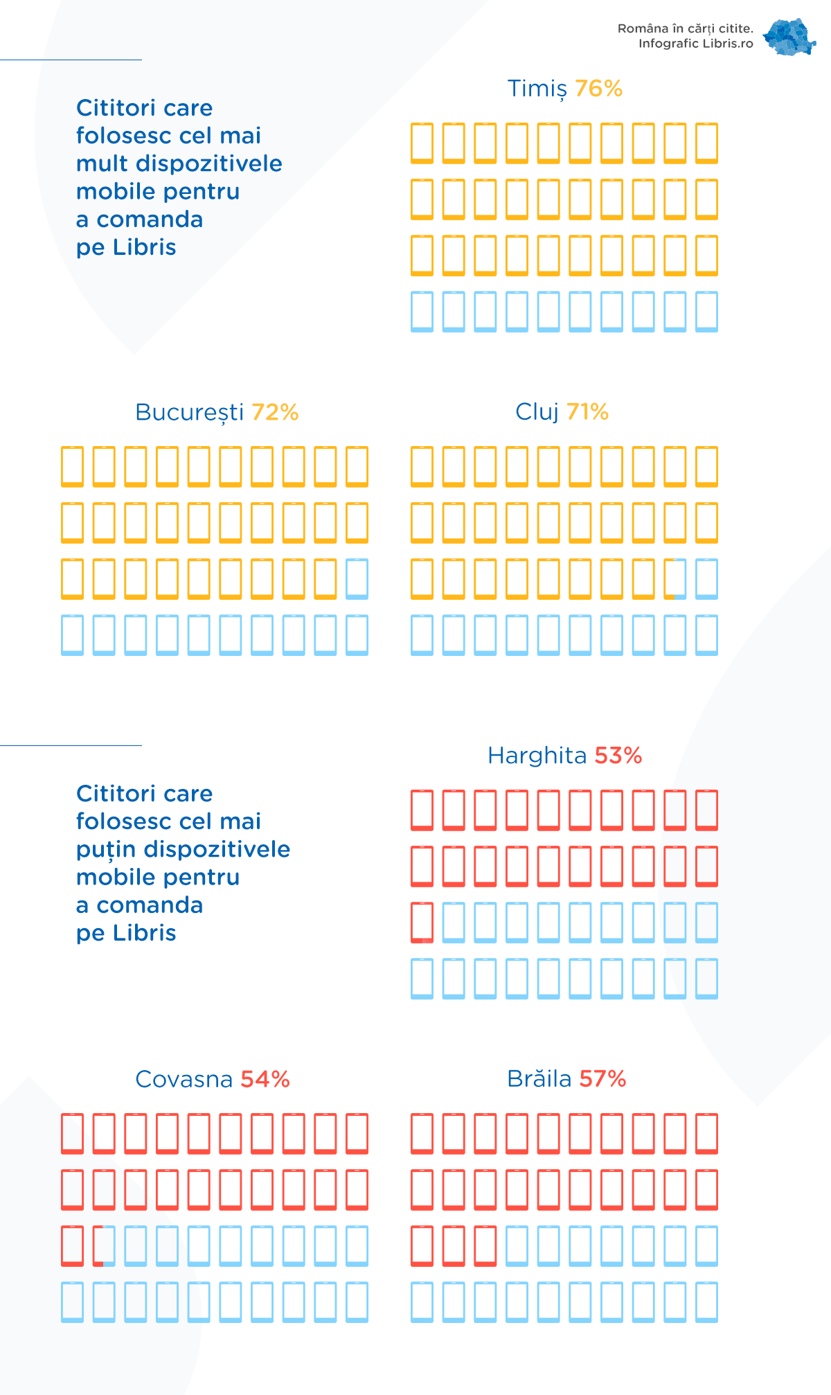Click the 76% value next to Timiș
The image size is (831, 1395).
598,89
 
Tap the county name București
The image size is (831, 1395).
189,413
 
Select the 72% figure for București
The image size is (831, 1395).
275,412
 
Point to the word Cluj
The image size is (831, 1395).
537,412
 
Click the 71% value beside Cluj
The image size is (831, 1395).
587,412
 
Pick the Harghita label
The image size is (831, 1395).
537,756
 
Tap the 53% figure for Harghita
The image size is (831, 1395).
618,756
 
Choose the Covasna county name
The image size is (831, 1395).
184,1079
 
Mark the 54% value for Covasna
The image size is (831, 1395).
265,1079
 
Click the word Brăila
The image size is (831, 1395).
539,1079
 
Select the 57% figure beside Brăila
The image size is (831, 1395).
602,1079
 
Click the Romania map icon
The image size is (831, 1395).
789,37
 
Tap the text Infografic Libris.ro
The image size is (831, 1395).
695,44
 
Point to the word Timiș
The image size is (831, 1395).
537,89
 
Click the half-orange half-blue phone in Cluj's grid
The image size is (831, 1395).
675,578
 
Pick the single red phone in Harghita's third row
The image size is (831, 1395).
422,922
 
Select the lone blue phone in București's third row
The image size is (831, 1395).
357,578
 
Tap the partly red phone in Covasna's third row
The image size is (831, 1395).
104,1245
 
